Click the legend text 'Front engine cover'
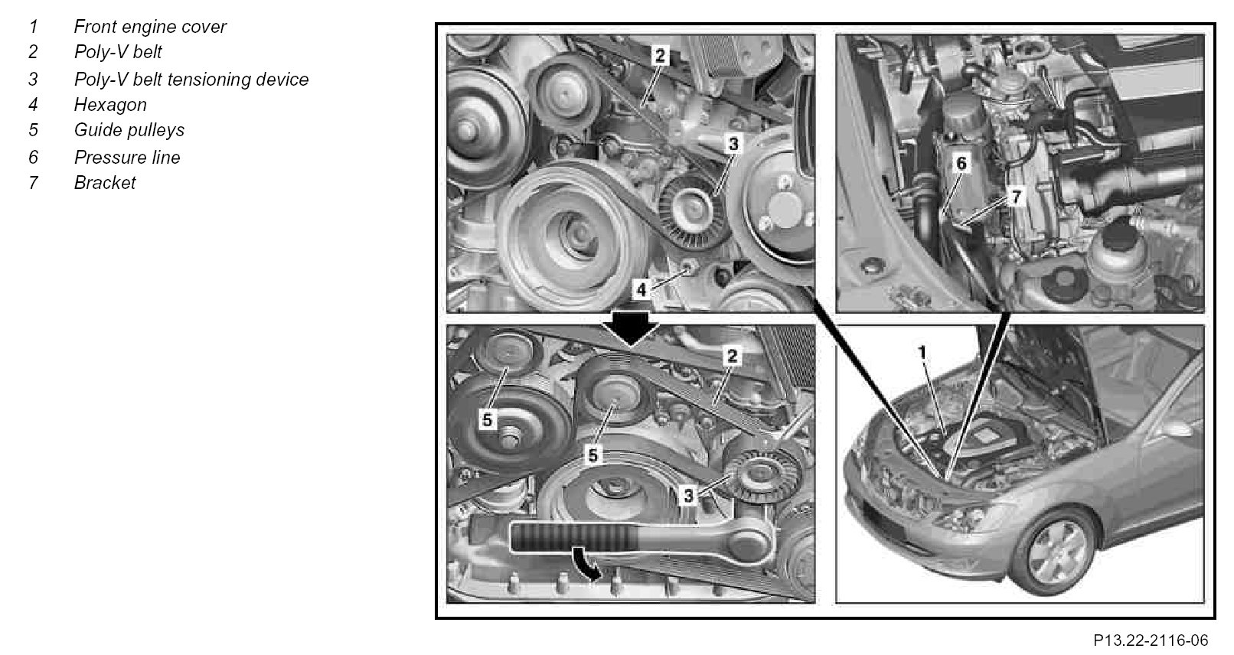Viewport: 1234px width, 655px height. [x=150, y=27]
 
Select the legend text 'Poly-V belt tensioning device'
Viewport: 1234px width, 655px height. [x=191, y=80]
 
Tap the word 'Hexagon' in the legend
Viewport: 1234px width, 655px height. [x=110, y=106]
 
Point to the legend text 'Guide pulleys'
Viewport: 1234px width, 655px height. [x=129, y=131]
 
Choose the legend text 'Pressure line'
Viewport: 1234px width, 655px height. [x=127, y=158]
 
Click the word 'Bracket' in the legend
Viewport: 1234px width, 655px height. [x=105, y=183]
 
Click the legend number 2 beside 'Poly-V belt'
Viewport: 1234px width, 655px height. [x=33, y=52]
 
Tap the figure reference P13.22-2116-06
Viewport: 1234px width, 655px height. [x=1151, y=640]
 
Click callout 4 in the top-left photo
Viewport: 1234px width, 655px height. [x=641, y=289]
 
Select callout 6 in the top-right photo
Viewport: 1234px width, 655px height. [x=961, y=163]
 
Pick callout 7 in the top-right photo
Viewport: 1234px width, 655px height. [x=1017, y=197]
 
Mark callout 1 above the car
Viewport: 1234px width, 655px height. [x=922, y=351]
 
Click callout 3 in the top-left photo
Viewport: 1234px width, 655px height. [x=733, y=145]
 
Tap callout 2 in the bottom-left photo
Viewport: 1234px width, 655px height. [x=732, y=356]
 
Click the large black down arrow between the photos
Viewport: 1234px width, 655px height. [x=631, y=327]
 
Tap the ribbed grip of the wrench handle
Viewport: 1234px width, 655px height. [x=575, y=536]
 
